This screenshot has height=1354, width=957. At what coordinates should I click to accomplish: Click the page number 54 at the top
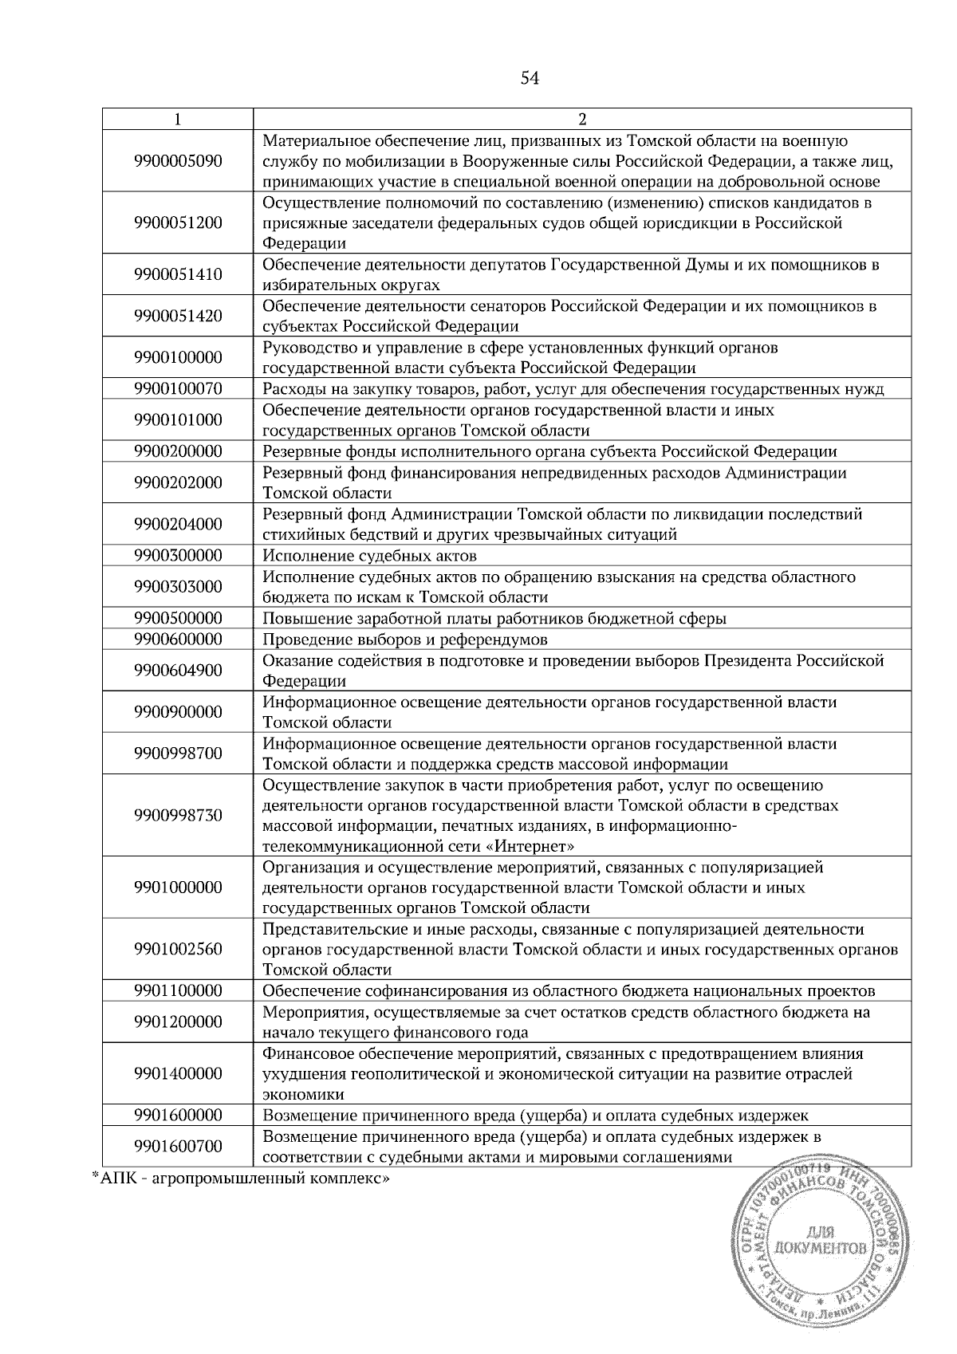530,77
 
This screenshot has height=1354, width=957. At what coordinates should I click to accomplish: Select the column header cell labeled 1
177,119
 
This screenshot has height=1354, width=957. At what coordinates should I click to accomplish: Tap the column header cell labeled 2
581,119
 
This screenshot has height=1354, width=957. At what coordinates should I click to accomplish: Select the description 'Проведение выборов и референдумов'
405,640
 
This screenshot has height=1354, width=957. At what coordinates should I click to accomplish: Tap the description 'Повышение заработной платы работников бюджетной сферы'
494,619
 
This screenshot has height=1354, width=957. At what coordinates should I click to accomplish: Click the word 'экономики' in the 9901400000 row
304,1094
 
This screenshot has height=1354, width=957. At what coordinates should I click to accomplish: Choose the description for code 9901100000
569,991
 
